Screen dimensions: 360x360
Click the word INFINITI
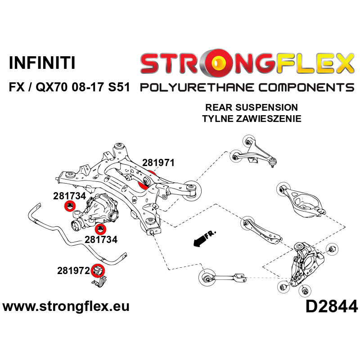click(42, 63)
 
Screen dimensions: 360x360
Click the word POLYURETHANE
click(193, 87)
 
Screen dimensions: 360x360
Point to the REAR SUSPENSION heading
click(251, 108)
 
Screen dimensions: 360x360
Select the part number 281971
click(158, 163)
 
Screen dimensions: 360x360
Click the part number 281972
click(73, 271)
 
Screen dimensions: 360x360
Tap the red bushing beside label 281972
click(99, 270)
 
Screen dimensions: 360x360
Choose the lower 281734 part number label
click(101, 239)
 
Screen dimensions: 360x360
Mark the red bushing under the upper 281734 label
click(69, 207)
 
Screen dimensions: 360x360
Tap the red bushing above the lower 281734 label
click(100, 220)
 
